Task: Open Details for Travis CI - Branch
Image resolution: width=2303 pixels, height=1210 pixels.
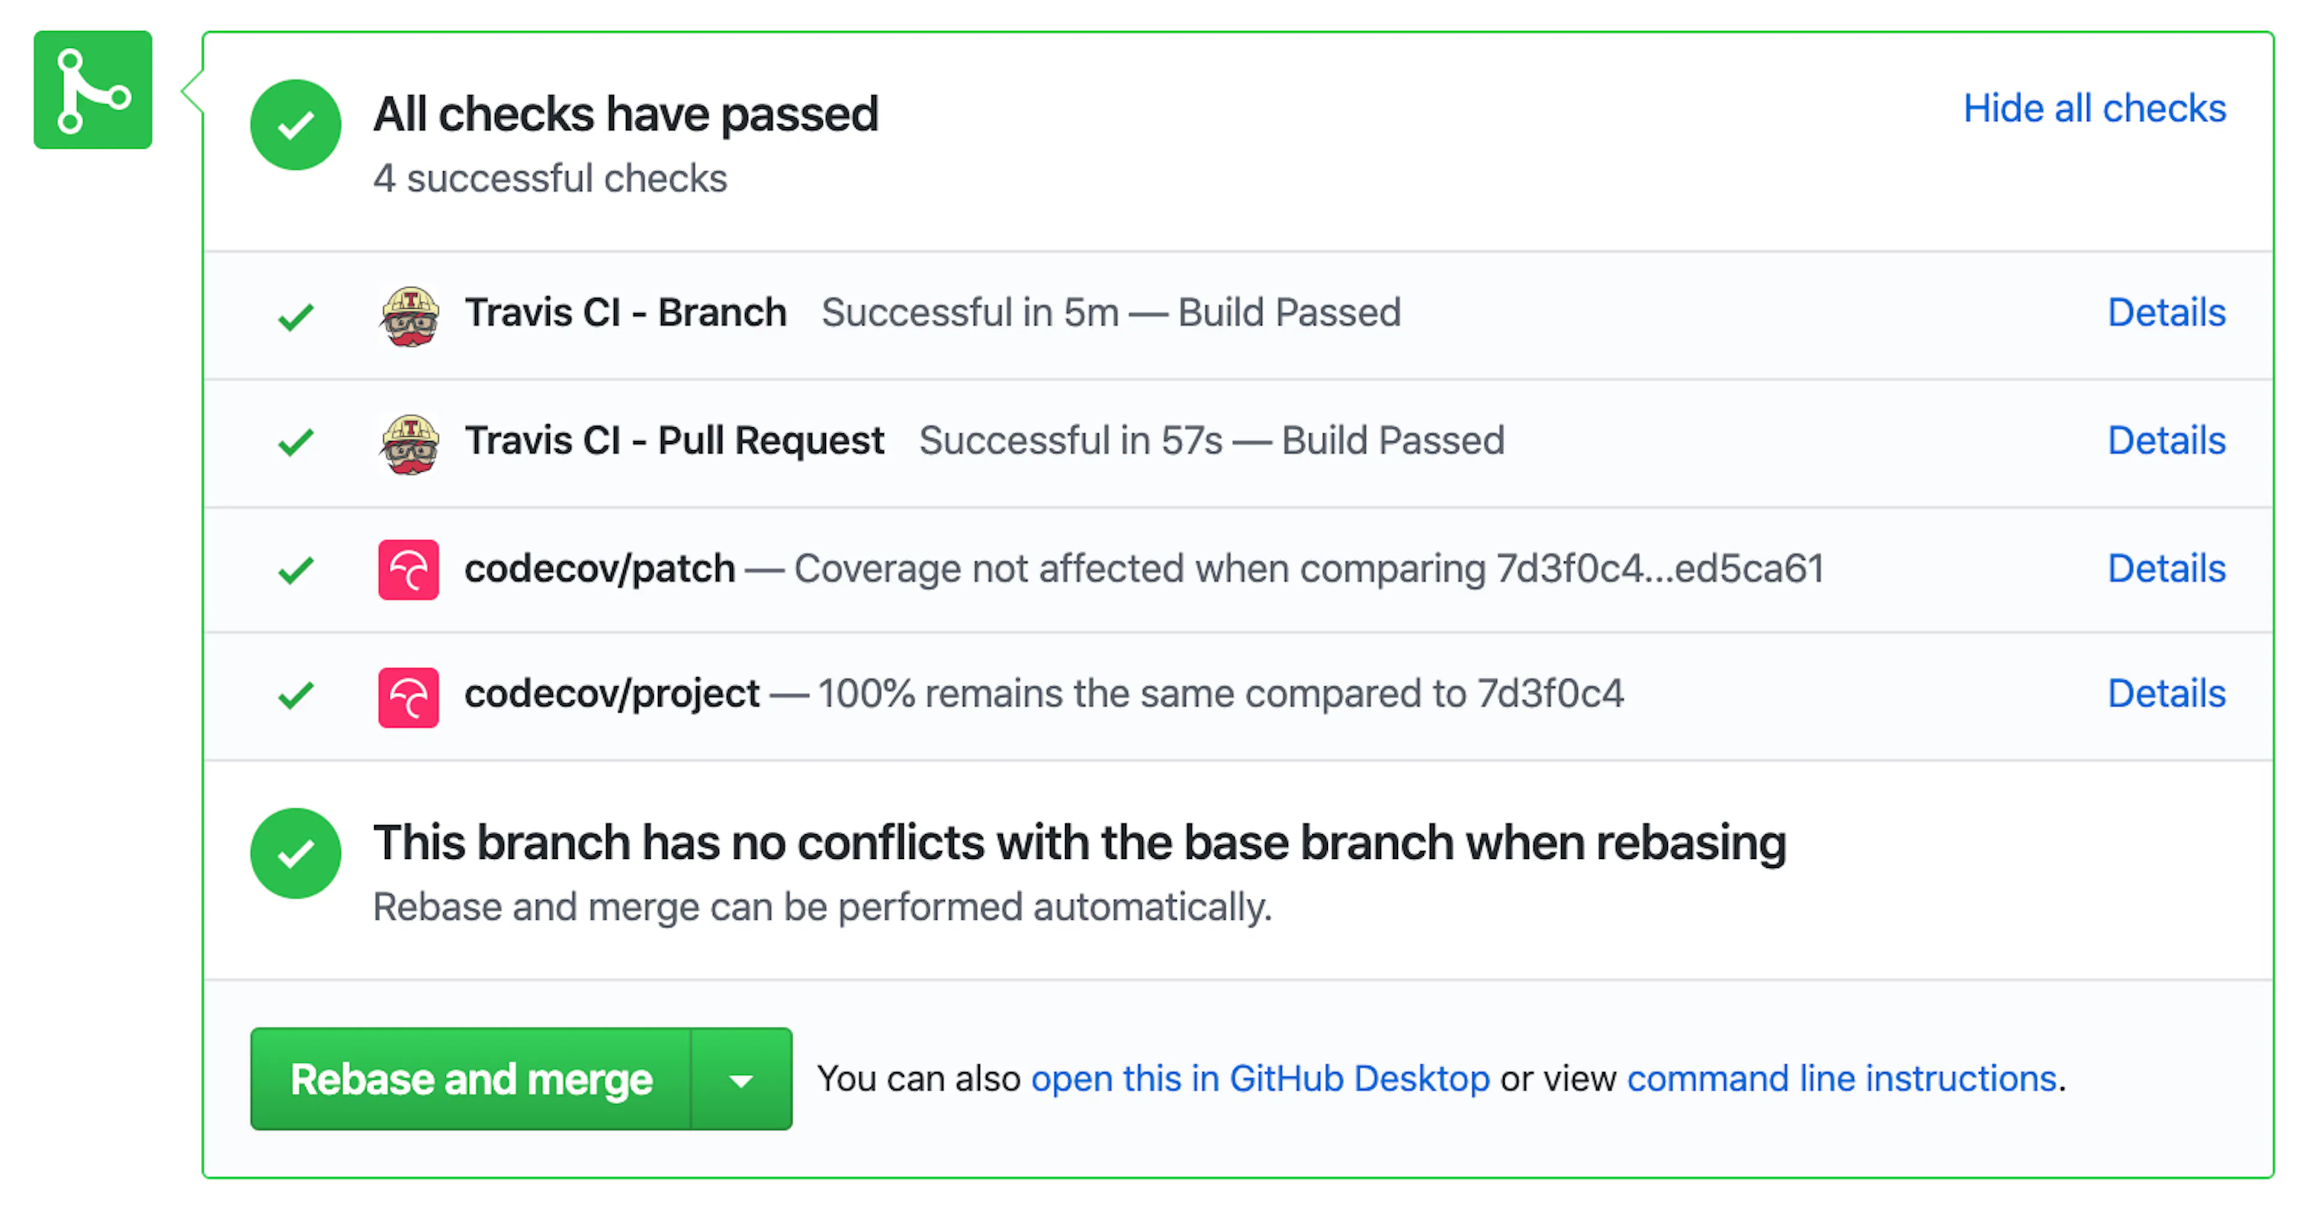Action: click(2166, 313)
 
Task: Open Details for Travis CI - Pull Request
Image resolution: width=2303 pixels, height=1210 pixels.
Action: click(2166, 440)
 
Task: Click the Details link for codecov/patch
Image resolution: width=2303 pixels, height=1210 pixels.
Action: click(2166, 568)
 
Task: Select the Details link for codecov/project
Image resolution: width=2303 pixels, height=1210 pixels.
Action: click(2166, 693)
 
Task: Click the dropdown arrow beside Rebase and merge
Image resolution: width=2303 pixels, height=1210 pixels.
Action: click(741, 1079)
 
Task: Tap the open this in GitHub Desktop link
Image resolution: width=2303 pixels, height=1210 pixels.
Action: click(1261, 1079)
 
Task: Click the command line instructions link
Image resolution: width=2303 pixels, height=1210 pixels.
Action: click(1842, 1079)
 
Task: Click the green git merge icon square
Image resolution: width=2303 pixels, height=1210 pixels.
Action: click(93, 89)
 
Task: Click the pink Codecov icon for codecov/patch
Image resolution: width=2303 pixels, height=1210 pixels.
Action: click(408, 569)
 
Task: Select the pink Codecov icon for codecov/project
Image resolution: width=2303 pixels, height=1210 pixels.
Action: click(408, 697)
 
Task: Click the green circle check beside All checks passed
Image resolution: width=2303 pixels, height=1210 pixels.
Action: click(295, 125)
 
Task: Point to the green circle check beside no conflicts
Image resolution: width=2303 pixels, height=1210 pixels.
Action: click(295, 853)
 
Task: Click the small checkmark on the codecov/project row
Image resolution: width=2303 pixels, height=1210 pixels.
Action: click(296, 695)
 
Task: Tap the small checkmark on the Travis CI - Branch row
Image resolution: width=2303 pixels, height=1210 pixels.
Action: click(296, 317)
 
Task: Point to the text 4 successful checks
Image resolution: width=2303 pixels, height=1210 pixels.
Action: click(550, 179)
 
